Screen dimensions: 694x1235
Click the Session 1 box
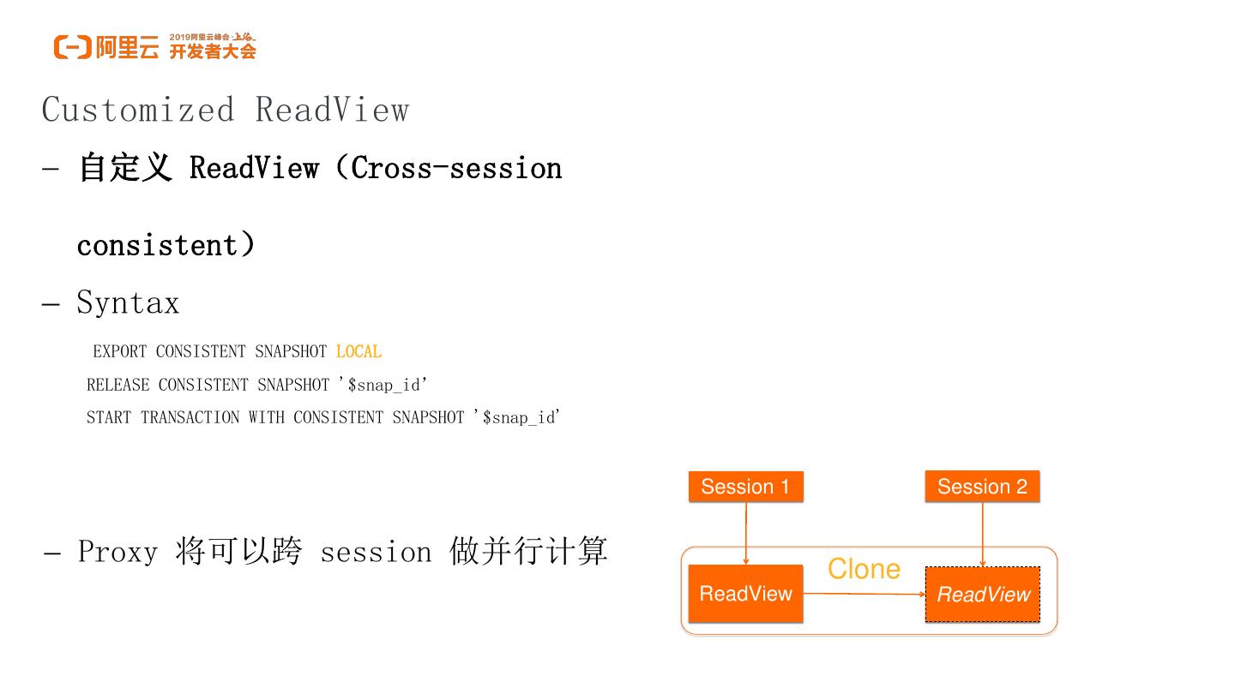point(745,487)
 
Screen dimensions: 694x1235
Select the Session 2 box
point(982,487)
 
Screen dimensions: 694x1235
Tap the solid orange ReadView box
point(745,594)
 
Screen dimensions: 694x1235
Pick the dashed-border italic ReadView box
point(983,595)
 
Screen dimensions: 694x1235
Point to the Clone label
point(864,569)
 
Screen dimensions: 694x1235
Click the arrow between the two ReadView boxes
point(864,593)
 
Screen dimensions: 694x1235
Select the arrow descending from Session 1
point(746,533)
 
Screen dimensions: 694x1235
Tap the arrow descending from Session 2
point(983,533)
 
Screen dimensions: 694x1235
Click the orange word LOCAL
point(358,351)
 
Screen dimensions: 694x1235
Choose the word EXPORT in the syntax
point(119,351)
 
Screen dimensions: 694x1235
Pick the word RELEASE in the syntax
point(117,385)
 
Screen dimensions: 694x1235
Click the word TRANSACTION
point(190,417)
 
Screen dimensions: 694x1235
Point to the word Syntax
point(128,302)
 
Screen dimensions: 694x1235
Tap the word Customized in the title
point(137,110)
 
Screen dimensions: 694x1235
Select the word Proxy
point(117,551)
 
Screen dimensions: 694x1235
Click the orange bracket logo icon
point(72,47)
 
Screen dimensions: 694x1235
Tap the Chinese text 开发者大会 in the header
point(213,52)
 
